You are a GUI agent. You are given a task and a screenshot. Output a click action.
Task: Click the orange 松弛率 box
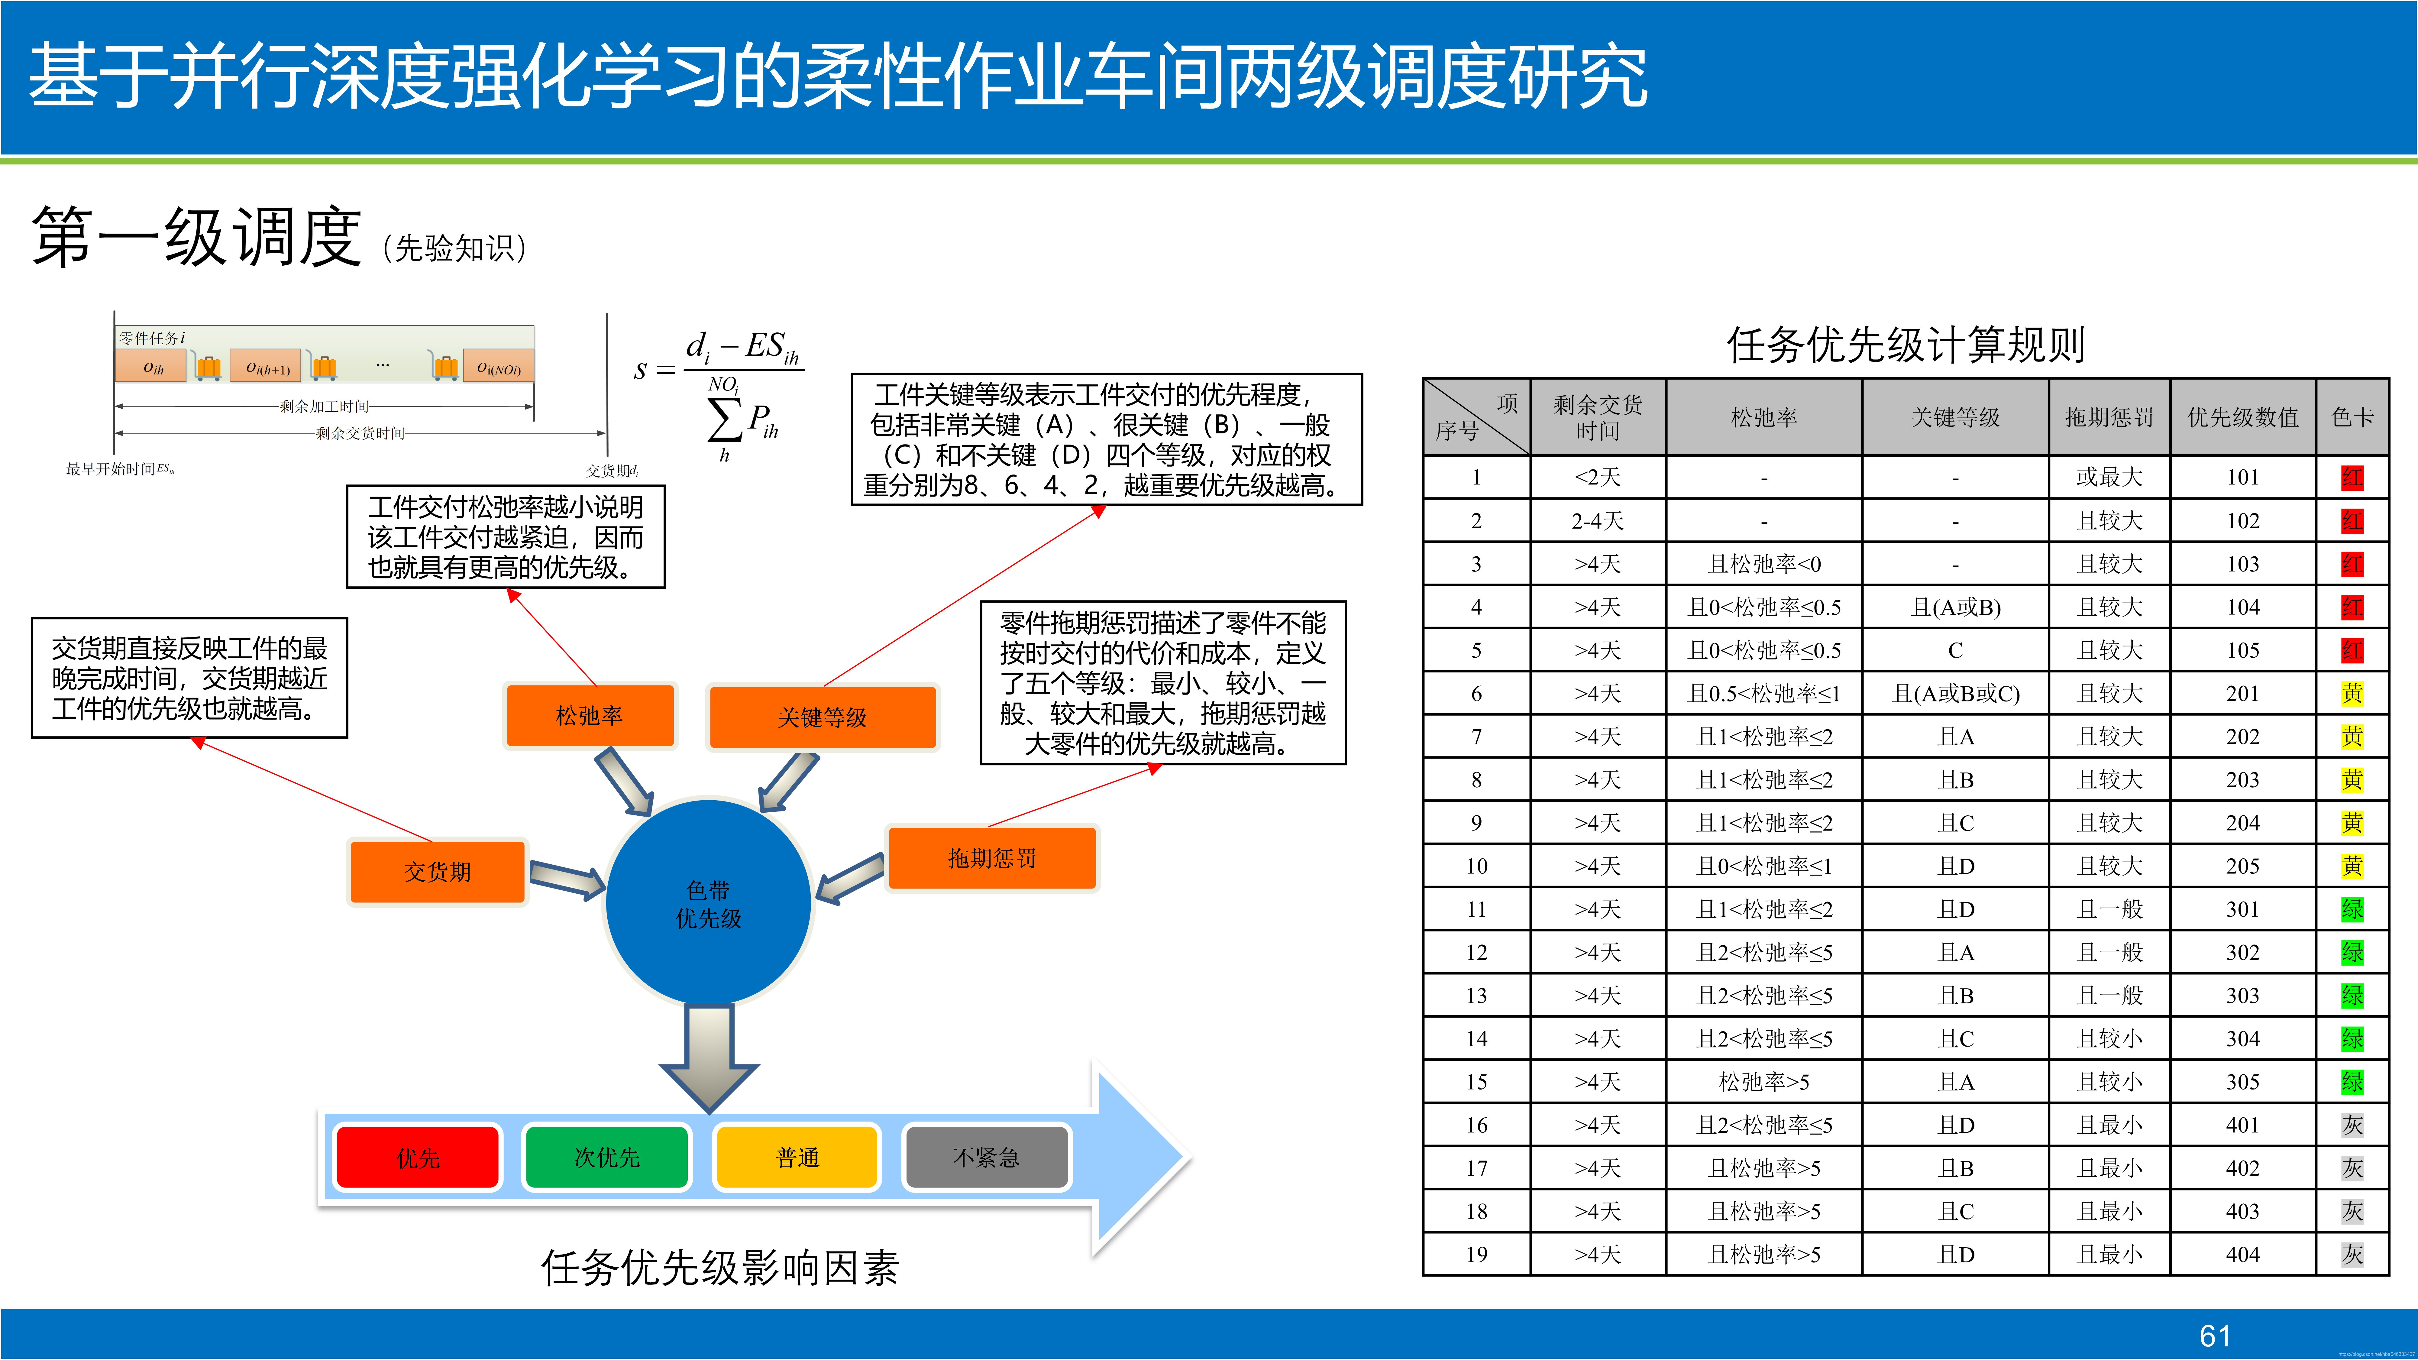click(x=590, y=715)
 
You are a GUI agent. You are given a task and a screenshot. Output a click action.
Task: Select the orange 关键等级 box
click(x=822, y=717)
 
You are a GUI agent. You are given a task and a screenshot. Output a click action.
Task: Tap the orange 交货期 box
click(x=438, y=871)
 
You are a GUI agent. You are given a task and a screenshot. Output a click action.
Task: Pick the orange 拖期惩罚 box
click(x=991, y=858)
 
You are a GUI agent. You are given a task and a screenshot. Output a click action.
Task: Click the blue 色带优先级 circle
click(x=709, y=903)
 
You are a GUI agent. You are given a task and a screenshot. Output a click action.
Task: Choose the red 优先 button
click(x=418, y=1157)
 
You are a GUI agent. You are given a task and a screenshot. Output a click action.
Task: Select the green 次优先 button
click(x=607, y=1157)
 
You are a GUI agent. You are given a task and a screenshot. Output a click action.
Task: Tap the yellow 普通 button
click(x=797, y=1157)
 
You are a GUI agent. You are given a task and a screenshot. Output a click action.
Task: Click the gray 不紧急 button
click(x=986, y=1157)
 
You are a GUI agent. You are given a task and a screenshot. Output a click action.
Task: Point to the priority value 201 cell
click(x=2242, y=694)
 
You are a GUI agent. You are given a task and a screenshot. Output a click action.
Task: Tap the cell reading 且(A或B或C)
click(x=1955, y=694)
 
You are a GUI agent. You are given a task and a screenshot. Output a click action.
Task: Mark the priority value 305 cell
click(x=2242, y=1081)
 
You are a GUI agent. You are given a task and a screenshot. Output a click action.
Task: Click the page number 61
click(x=2214, y=1336)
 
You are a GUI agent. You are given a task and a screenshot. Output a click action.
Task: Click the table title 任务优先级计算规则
click(x=1906, y=345)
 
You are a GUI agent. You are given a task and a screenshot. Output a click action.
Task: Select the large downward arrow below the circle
click(x=709, y=1056)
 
